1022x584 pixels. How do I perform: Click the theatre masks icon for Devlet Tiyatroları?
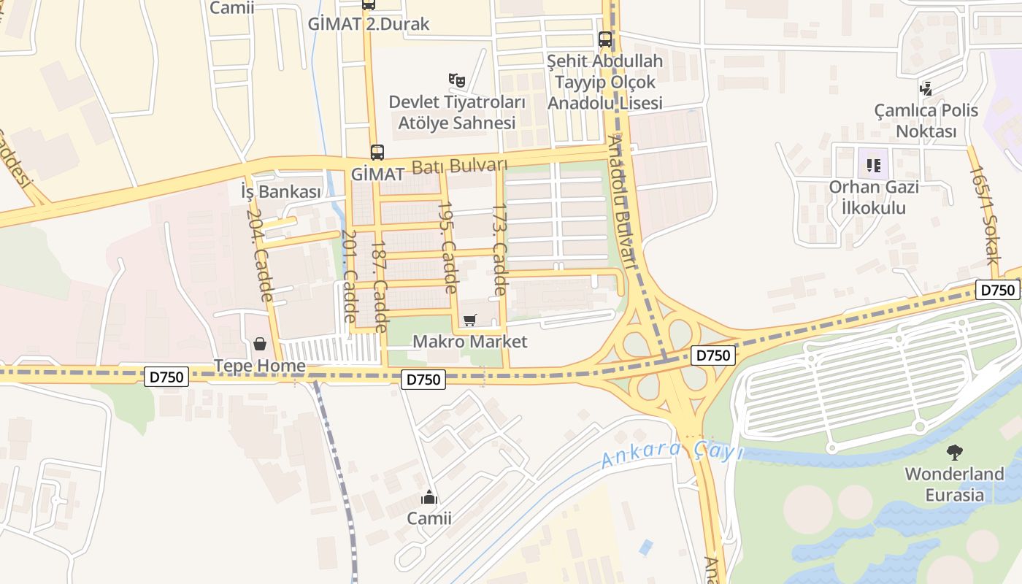click(x=456, y=80)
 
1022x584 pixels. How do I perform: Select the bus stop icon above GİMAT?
click(x=377, y=153)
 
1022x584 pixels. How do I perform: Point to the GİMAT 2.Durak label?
click(x=369, y=24)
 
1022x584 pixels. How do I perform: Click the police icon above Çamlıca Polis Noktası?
click(x=926, y=89)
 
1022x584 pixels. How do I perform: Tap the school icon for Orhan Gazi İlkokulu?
click(x=874, y=165)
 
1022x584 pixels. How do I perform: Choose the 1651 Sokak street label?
click(x=983, y=215)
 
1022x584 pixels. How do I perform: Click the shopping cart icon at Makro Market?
click(x=470, y=320)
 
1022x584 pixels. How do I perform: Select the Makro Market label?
click(x=470, y=342)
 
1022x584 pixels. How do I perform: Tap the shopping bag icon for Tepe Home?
click(x=259, y=344)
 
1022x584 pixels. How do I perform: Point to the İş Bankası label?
click(x=281, y=192)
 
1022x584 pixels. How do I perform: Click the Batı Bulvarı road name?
click(x=459, y=166)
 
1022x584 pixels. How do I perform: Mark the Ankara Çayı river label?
click(x=671, y=454)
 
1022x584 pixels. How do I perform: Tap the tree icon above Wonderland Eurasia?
click(x=954, y=453)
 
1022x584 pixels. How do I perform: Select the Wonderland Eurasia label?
click(x=954, y=485)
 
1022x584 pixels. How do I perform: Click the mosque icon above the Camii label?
click(x=429, y=498)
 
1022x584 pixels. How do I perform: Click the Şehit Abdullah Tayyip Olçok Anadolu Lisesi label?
click(x=605, y=82)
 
